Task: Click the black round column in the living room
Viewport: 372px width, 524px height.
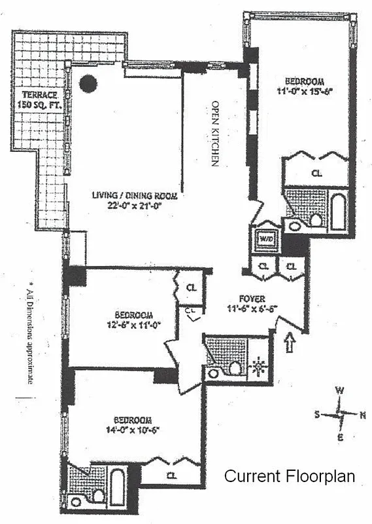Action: point(88,83)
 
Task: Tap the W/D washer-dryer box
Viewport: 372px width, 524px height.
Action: point(266,238)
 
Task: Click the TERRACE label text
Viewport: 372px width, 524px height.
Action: point(37,95)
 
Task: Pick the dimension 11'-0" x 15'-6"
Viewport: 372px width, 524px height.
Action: point(311,90)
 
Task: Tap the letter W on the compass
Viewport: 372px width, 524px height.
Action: point(339,390)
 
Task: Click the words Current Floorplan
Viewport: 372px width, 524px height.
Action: point(290,476)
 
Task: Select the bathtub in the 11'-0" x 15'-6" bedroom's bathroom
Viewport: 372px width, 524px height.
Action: point(337,212)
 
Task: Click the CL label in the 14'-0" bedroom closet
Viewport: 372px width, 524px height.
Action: point(171,476)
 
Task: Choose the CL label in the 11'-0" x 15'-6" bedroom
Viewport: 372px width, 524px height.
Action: point(316,174)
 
